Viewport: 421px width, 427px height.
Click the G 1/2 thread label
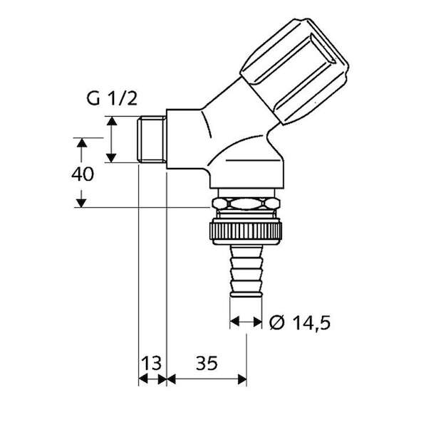click(x=112, y=98)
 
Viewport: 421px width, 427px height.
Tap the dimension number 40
click(x=83, y=174)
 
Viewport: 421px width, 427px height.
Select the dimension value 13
click(x=152, y=363)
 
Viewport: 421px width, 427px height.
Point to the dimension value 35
click(x=207, y=363)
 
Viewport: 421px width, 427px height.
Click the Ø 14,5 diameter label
click(x=300, y=323)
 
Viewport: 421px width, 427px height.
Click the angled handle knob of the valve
click(x=294, y=71)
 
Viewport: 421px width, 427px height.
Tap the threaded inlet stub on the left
click(x=152, y=139)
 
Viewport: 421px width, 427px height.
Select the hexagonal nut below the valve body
click(x=246, y=204)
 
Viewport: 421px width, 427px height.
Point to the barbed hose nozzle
click(x=246, y=270)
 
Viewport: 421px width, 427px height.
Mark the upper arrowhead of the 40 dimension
click(x=81, y=143)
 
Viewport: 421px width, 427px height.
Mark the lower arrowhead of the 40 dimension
click(x=81, y=203)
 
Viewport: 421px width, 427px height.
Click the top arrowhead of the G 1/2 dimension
click(x=112, y=121)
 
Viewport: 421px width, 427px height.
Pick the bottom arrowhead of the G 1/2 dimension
click(x=111, y=158)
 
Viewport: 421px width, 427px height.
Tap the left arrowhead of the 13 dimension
click(x=143, y=379)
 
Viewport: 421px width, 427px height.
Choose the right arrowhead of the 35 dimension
click(x=242, y=379)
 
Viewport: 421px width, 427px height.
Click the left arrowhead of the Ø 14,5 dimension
click(x=234, y=322)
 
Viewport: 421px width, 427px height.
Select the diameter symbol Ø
click(x=277, y=323)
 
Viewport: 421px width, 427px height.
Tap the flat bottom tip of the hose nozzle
click(x=246, y=295)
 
